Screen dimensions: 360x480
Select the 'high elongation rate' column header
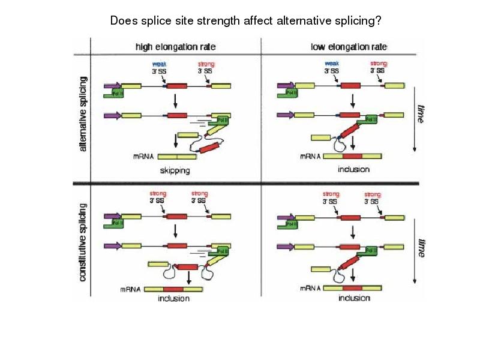(x=175, y=46)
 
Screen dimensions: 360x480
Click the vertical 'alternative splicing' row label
(x=83, y=113)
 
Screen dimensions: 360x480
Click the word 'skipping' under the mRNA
(x=175, y=170)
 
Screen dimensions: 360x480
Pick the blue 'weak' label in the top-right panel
(x=331, y=63)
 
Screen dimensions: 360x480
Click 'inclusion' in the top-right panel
(x=353, y=169)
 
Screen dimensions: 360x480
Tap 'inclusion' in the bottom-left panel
(x=174, y=298)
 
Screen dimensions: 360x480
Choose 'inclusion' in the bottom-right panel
(x=354, y=298)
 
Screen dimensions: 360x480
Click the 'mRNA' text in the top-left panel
(x=143, y=157)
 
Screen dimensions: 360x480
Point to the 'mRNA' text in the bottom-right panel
(x=311, y=289)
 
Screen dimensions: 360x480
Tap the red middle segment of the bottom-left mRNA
(x=173, y=289)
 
